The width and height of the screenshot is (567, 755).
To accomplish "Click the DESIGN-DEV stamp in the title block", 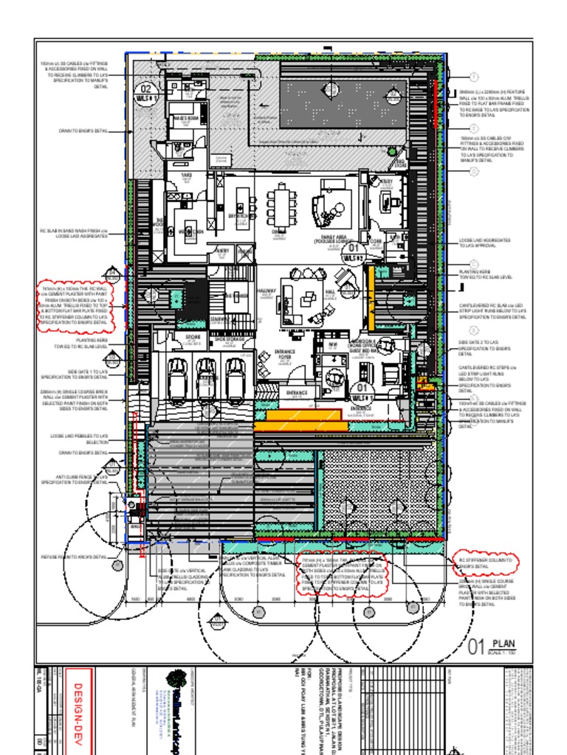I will (76, 709).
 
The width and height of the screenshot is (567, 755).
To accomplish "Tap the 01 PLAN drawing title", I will (494, 647).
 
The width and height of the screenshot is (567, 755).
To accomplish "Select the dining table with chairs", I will (281, 206).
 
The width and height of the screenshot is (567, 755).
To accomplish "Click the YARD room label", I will (187, 177).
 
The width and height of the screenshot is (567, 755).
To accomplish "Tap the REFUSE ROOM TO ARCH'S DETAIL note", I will (74, 557).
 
